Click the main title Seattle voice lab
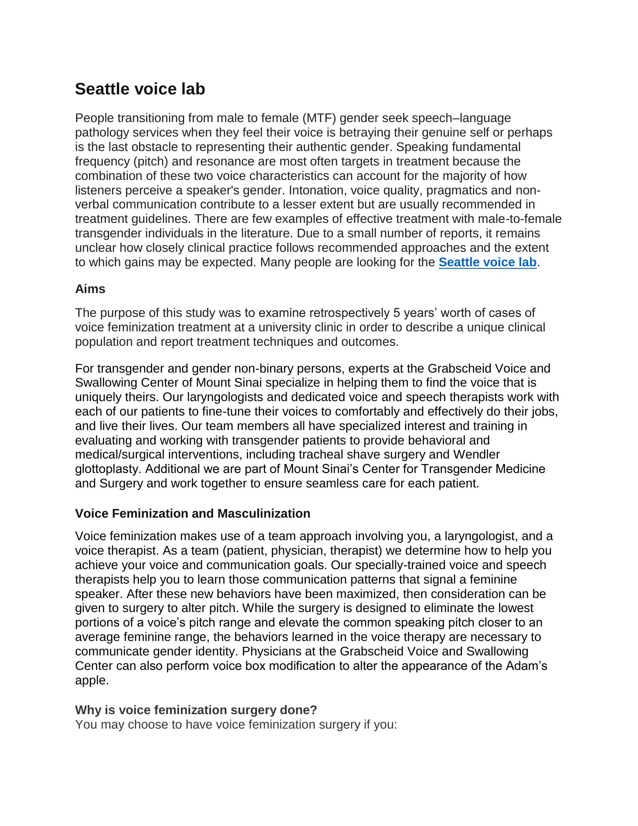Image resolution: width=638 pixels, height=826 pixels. [140, 89]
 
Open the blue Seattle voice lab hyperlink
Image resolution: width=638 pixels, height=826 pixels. [487, 262]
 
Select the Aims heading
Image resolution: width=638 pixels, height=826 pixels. [90, 289]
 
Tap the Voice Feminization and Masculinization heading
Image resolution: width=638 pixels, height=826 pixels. [193, 513]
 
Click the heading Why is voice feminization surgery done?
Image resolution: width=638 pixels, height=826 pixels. [196, 710]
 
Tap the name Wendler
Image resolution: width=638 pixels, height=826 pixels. [476, 454]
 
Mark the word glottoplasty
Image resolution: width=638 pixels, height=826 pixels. [108, 469]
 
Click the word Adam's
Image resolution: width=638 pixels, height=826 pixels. [527, 666]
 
